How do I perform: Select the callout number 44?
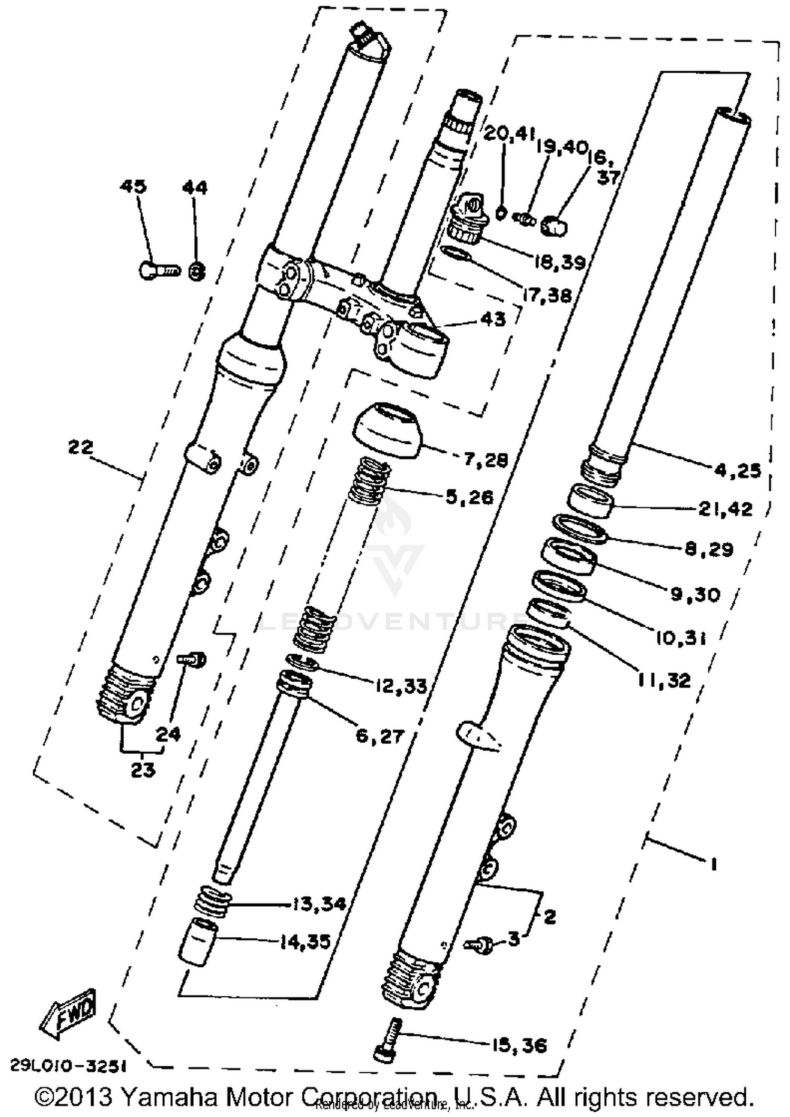pos(195,187)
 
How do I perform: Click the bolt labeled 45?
pos(157,270)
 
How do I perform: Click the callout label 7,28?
pos(486,460)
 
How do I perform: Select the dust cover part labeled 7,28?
pos(389,430)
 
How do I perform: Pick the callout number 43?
pos(493,319)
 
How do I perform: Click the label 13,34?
pos(319,904)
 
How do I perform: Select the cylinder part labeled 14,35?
pos(196,942)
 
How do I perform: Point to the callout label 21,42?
pos(725,509)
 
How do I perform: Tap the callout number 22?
pos(81,447)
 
